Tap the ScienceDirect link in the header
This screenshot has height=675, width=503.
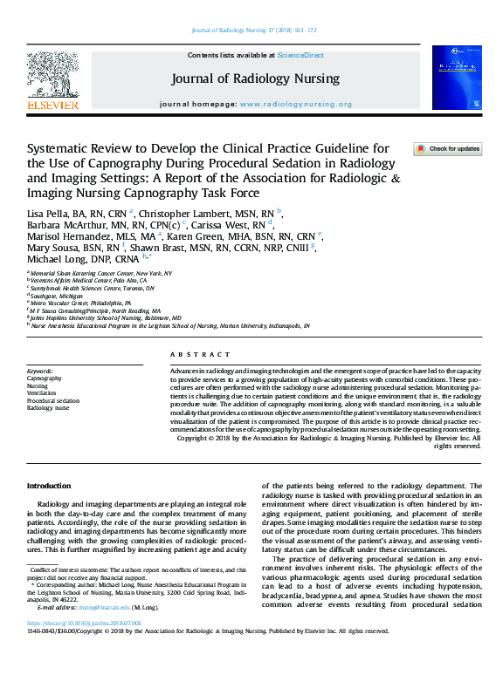(300, 56)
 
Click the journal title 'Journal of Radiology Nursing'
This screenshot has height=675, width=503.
(256, 78)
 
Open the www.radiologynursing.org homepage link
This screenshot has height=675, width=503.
(296, 104)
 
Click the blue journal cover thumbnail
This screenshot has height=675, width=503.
(455, 78)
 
